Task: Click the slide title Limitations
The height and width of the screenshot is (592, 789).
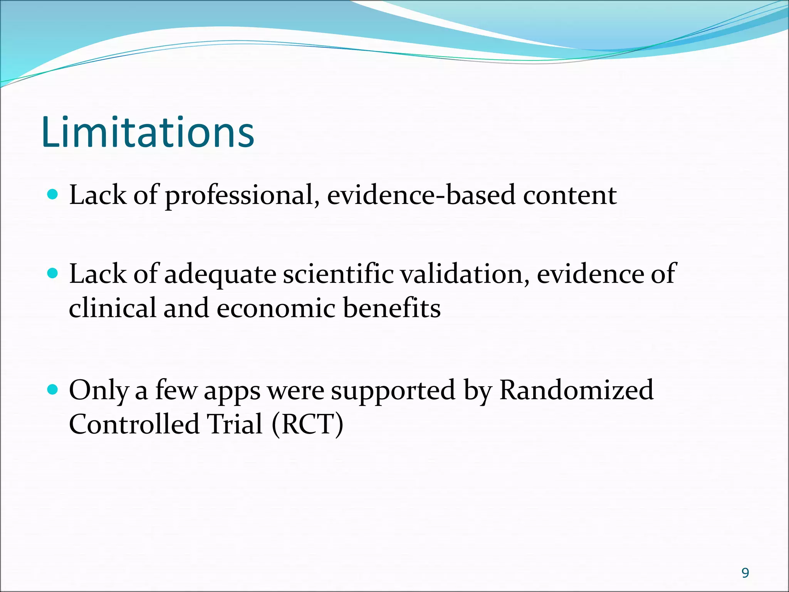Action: coord(148,132)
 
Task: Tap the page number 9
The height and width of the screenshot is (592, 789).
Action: coord(745,573)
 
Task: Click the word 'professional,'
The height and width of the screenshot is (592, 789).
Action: coord(242,196)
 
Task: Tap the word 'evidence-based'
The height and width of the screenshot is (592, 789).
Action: coord(421,195)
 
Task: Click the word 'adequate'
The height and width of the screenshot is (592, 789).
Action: coord(220,274)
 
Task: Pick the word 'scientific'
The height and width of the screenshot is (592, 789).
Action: coord(338,274)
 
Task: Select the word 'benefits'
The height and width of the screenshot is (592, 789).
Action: coord(391,308)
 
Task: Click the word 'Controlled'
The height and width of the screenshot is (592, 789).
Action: coord(134,424)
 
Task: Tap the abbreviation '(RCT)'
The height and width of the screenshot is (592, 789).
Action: coord(307,424)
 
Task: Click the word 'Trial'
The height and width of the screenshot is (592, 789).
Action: coord(235,424)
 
